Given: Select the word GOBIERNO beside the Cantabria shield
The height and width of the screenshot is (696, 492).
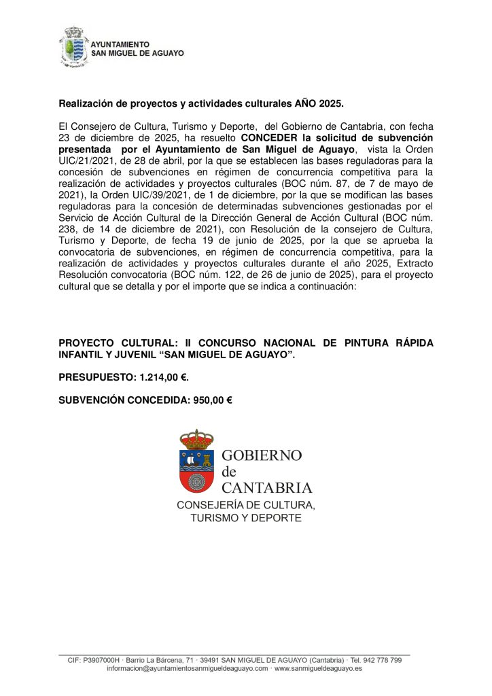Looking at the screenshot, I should pyautogui.click(x=262, y=455).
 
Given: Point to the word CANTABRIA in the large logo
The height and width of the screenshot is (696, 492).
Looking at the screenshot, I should pyautogui.click(x=268, y=488).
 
